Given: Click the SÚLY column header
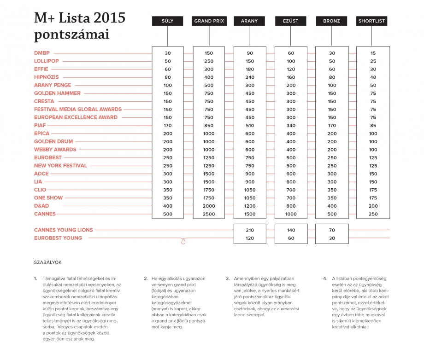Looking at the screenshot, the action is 167,21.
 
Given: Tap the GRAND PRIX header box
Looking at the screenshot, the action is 209,21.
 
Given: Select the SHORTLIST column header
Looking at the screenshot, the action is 371,21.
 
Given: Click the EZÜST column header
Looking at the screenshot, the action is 291,21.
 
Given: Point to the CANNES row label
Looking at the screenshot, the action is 45,214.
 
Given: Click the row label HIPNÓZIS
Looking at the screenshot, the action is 46,77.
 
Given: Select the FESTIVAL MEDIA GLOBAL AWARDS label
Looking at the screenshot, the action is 78,109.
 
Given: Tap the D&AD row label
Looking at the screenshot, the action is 41,206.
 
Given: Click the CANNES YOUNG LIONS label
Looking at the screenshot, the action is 63,230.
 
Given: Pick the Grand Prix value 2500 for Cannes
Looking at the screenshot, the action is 209,214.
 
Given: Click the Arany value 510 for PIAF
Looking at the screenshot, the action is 250,125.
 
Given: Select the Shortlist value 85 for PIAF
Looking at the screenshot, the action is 373,125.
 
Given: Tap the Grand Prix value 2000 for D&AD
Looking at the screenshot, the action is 209,206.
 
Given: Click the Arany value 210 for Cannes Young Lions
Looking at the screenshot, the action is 250,230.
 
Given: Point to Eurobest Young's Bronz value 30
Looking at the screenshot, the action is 332,238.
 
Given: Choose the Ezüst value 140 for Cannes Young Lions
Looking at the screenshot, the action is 291,230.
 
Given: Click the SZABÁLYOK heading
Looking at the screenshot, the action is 48,262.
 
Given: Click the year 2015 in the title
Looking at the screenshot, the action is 110,18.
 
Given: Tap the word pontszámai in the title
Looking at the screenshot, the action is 71,35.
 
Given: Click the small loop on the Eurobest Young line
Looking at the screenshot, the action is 183,241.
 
